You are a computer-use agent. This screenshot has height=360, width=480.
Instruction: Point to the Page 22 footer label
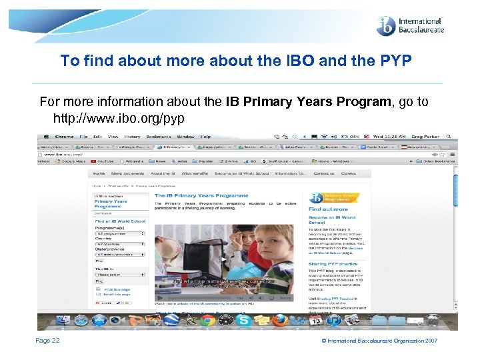click(x=47, y=341)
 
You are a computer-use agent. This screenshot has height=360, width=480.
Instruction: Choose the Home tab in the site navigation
click(x=98, y=173)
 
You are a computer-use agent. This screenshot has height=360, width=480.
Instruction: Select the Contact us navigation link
click(x=323, y=173)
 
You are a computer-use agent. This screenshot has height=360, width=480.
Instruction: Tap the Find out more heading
click(x=328, y=209)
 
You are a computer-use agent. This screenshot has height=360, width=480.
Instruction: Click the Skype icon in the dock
click(x=244, y=321)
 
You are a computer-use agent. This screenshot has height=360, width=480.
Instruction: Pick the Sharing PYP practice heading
click(x=333, y=264)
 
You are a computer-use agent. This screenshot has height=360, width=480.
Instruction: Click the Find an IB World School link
click(x=119, y=221)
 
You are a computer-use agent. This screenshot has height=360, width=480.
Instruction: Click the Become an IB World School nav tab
click(x=233, y=173)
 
